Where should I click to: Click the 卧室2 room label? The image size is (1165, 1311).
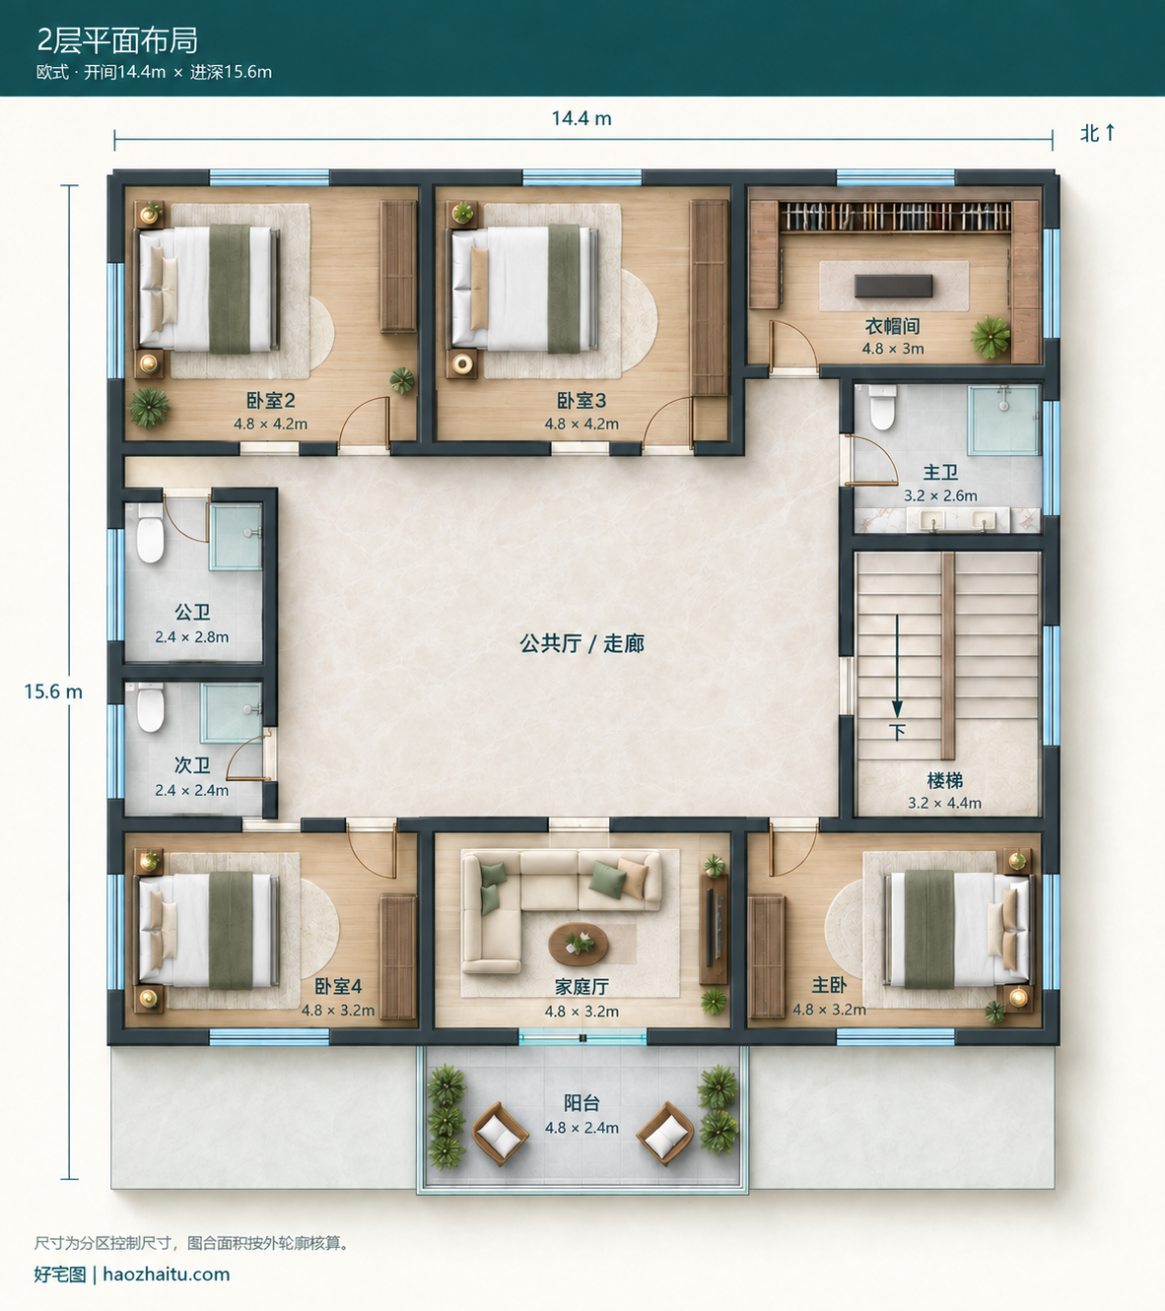(271, 401)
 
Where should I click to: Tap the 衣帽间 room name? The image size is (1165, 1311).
(892, 326)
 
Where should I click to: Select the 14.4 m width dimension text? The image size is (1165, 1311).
(582, 118)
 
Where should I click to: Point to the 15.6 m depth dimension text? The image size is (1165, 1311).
(53, 691)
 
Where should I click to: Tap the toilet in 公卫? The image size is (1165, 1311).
(150, 533)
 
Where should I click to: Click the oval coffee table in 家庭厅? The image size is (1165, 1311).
(579, 944)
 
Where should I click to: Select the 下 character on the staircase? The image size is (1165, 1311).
(897, 732)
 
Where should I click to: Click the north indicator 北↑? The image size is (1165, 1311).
(1098, 133)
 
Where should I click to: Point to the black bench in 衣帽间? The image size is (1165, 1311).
(893, 286)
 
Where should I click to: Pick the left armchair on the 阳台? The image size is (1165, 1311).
(500, 1133)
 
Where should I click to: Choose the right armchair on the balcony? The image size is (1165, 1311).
(665, 1133)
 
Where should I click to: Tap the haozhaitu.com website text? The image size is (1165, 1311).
(167, 1274)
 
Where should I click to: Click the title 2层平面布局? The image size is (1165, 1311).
(117, 40)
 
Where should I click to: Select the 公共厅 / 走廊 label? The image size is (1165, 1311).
(582, 643)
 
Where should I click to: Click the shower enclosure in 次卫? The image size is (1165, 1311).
(231, 712)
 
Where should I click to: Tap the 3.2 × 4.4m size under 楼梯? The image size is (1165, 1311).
(944, 803)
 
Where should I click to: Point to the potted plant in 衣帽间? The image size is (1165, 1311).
(991, 337)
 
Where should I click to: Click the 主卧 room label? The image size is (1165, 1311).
(829, 985)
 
